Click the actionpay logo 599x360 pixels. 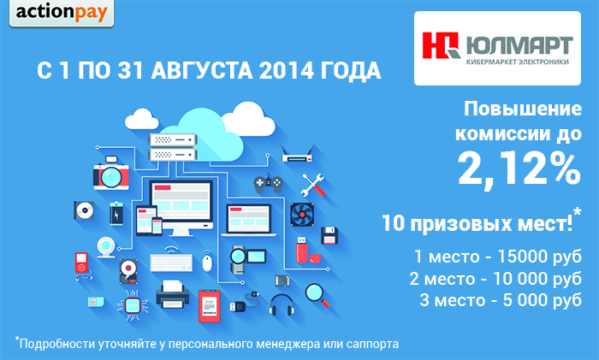(62, 13)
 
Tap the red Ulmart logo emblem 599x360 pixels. (441, 45)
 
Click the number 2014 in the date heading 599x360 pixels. (286, 71)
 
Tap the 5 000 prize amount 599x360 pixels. (525, 300)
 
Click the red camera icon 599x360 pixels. (110, 173)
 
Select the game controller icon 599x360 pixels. (268, 183)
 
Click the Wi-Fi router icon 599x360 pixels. (297, 153)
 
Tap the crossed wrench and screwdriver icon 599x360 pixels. (313, 185)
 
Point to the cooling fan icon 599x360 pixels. (302, 214)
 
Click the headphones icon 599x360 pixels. (282, 304)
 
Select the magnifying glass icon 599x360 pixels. (317, 295)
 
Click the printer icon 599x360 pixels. (173, 294)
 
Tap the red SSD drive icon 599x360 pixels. (210, 306)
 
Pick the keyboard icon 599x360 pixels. (171, 263)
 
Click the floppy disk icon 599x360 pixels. (329, 235)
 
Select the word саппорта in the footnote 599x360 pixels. (372, 344)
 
